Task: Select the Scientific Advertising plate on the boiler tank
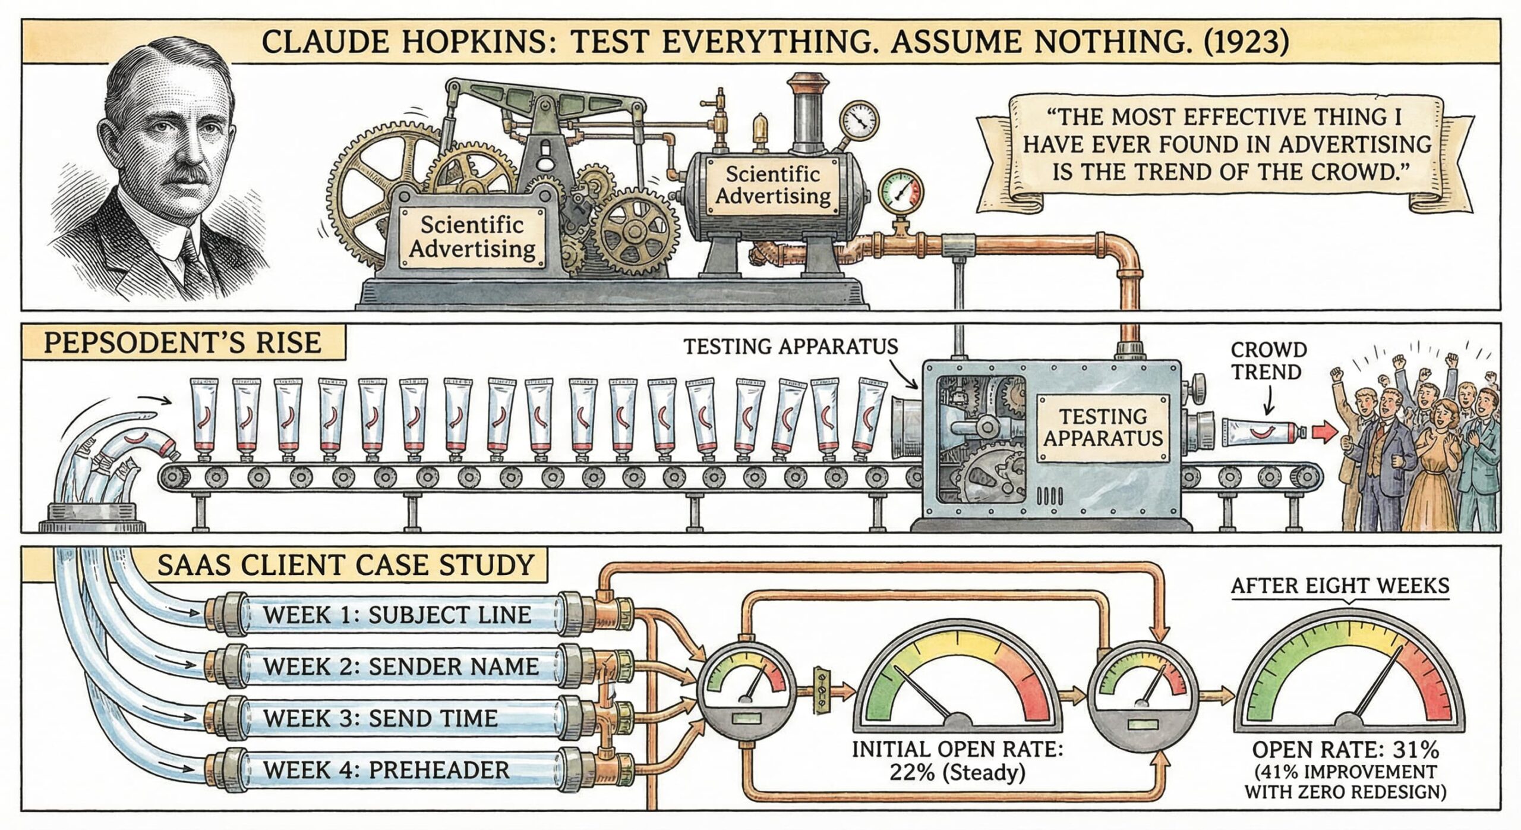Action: point(772,185)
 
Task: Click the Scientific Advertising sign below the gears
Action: point(472,237)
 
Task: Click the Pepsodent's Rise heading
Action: point(182,344)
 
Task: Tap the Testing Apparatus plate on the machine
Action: point(1102,427)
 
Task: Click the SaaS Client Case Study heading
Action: point(345,564)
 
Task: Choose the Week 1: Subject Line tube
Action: point(397,615)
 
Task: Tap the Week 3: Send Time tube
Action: point(380,718)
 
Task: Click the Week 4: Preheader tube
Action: point(386,770)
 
